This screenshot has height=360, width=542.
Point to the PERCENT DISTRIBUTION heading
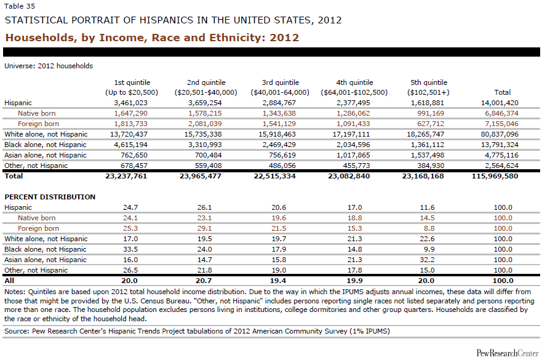point(50,197)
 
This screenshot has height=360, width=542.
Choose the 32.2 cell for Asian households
point(428,260)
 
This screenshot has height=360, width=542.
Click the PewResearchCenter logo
point(507,352)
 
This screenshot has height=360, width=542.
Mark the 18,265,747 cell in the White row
point(428,134)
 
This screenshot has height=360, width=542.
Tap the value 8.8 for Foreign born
point(428,228)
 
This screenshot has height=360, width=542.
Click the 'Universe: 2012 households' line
point(49,65)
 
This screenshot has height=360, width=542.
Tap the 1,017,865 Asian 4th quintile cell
point(354,155)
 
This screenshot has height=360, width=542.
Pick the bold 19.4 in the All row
point(280,281)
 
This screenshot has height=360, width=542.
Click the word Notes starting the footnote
point(14,292)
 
